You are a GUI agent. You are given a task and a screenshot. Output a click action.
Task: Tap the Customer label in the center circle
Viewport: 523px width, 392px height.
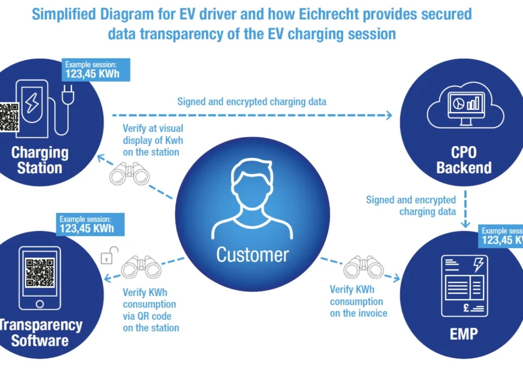(252, 254)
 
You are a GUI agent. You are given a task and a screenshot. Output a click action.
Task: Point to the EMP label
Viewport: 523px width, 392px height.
(464, 333)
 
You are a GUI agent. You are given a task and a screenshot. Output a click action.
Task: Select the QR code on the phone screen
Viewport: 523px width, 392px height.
(40, 273)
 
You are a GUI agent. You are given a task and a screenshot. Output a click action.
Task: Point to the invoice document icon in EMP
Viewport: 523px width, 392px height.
(464, 287)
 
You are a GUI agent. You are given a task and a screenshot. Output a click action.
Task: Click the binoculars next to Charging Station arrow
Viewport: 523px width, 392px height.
(130, 174)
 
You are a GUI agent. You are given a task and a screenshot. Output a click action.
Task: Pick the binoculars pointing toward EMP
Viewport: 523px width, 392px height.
(364, 267)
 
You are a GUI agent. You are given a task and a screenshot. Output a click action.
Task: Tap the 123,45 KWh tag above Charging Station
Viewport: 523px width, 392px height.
(92, 70)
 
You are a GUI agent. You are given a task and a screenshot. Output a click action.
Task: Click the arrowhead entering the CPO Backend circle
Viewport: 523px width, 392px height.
(388, 115)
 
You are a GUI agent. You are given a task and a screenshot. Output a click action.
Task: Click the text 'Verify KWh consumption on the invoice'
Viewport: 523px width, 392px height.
(358, 301)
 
